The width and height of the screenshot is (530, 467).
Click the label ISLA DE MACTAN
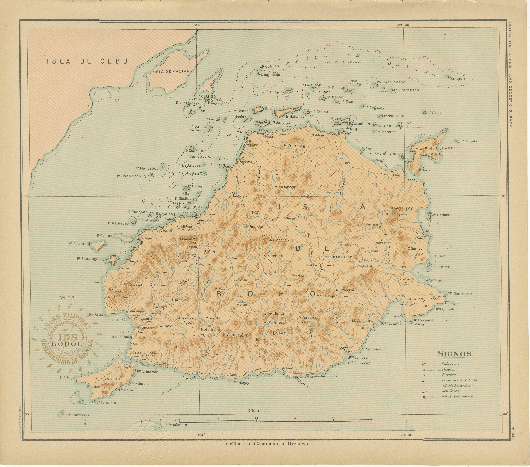click(172, 72)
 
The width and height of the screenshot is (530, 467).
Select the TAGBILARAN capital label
click(140, 353)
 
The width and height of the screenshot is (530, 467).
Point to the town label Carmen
click(275, 256)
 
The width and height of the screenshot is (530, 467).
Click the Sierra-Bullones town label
click(320, 265)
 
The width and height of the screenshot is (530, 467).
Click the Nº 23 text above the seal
click(67, 298)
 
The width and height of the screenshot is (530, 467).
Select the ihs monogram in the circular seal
click(67, 336)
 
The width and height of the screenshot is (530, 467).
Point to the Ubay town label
click(397, 175)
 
